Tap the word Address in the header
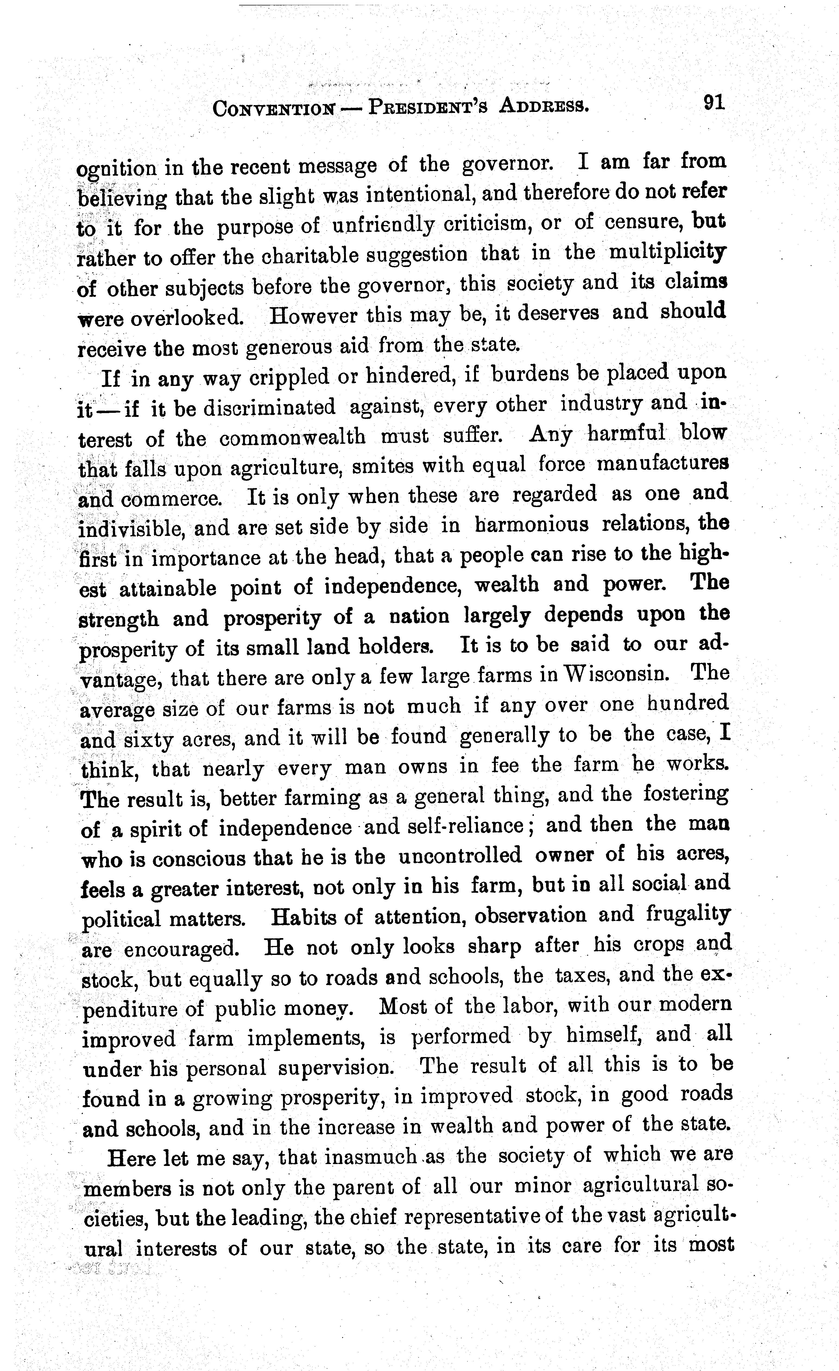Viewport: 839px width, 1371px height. coord(544,105)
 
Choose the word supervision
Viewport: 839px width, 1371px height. coord(337,1067)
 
